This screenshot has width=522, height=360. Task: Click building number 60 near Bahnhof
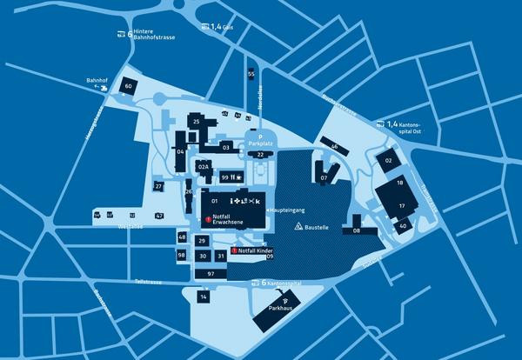coord(128,86)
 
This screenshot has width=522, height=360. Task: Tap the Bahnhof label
coord(96,82)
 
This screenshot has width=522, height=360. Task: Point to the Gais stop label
coord(223,27)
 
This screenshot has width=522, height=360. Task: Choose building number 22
coord(260,154)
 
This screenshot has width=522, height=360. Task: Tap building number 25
coord(197,123)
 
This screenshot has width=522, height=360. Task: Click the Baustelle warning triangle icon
coord(298,225)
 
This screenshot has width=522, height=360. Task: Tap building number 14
coord(203,297)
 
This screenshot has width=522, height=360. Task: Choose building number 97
coord(211,274)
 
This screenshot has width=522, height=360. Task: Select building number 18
coord(400,183)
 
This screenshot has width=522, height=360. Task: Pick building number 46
coord(334,147)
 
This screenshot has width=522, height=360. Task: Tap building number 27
coord(158,186)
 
